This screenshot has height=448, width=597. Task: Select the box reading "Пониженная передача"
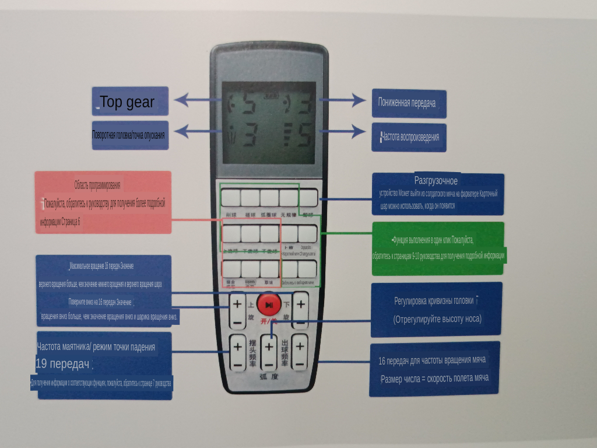pos(408,103)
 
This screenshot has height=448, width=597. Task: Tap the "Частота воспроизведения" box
pos(408,137)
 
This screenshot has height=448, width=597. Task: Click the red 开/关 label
pos(269,320)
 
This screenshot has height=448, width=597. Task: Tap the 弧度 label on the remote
pos(269,377)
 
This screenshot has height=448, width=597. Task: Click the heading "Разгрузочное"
pos(436,180)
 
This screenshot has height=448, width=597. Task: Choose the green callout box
pos(438,249)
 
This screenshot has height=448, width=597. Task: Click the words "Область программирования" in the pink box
pos(97,185)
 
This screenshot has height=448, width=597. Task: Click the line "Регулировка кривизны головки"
pos(434,301)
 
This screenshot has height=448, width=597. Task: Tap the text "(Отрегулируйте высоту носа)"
pos(437,319)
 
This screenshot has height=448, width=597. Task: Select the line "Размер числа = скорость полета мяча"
pos(434,378)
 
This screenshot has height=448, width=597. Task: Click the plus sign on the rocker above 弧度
pos(269,346)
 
